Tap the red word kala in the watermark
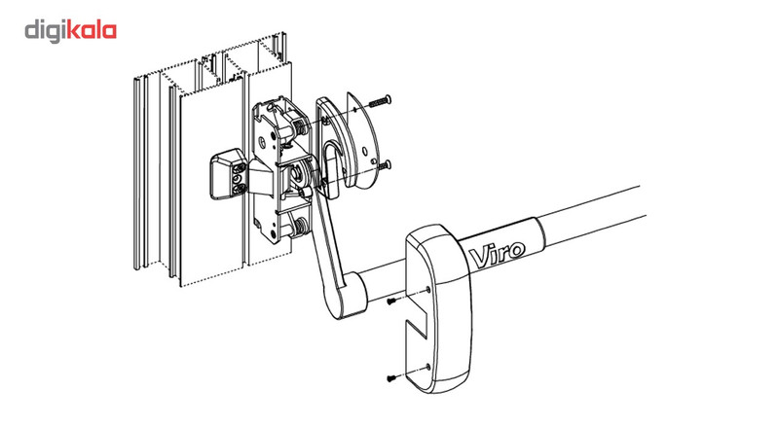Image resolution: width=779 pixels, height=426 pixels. [x=92, y=31]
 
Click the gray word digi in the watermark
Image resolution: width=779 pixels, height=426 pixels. [x=46, y=32]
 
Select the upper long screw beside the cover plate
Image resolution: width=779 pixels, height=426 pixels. [x=380, y=101]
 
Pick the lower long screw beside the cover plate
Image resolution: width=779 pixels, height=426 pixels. [x=384, y=166]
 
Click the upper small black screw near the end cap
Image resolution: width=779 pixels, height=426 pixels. [x=392, y=301]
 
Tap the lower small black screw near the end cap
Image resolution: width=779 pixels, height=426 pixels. [x=392, y=377]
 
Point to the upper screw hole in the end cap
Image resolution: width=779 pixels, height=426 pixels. [x=428, y=289]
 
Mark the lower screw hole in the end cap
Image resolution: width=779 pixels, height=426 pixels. [x=427, y=367]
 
